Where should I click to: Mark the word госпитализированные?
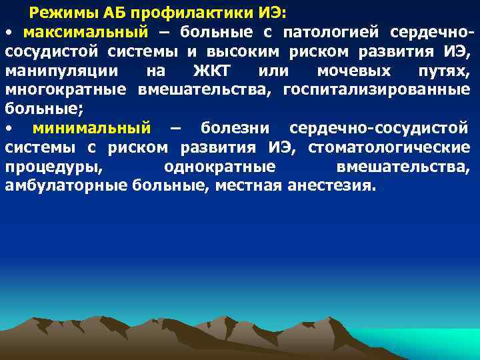pos(376,90)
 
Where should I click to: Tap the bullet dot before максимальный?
pos(9,33)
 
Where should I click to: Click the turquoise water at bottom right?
pos(433,343)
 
